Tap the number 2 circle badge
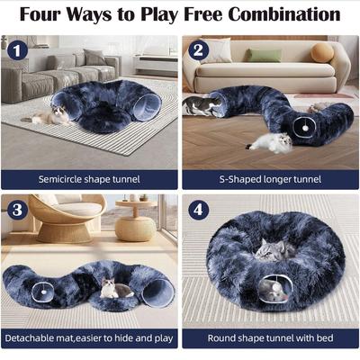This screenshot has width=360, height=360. pyautogui.click(x=199, y=52)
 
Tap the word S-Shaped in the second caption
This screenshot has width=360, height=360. pyautogui.click(x=241, y=178)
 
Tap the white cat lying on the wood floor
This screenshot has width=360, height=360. pyautogui.click(x=269, y=141)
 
